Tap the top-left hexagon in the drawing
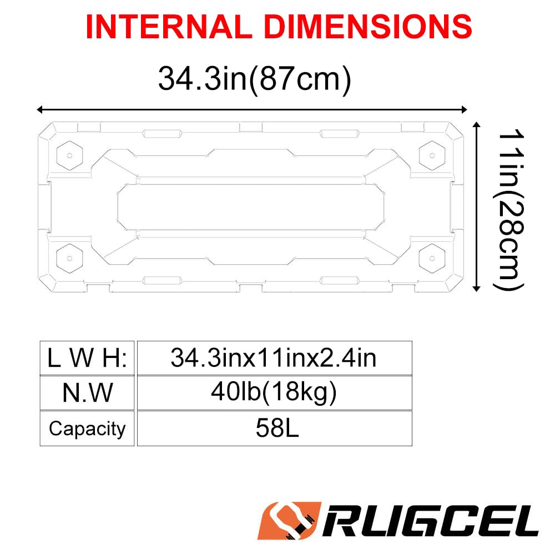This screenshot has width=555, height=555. click(x=69, y=155)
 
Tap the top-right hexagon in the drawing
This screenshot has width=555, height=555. click(x=433, y=152)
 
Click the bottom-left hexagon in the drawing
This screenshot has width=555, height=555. click(x=69, y=256)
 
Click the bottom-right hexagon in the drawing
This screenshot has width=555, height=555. click(x=433, y=256)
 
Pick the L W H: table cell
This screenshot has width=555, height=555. click(x=87, y=358)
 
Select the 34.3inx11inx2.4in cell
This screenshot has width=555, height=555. click(x=274, y=358)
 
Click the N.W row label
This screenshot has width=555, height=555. click(x=87, y=393)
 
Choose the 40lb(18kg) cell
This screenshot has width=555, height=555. click(x=274, y=393)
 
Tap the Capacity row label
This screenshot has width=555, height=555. click(x=87, y=428)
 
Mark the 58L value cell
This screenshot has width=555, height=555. click(x=274, y=428)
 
